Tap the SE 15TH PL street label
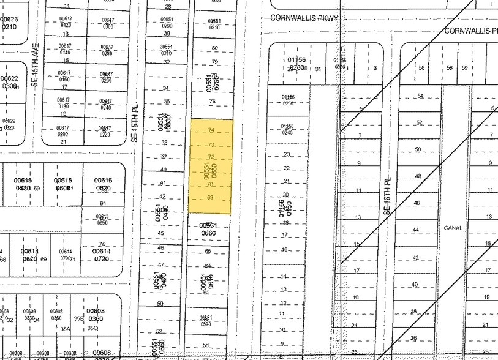[x=136, y=121]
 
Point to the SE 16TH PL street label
[x=387, y=191]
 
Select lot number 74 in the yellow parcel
[x=211, y=130]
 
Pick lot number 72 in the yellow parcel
[x=211, y=157]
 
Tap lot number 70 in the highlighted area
[x=209, y=184]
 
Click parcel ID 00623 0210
[x=9, y=23]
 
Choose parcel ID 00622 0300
[x=9, y=82]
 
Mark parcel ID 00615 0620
[x=103, y=184]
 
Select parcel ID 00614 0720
[x=102, y=255]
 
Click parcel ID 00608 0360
[x=96, y=315]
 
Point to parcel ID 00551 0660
[x=209, y=229]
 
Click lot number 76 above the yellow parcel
[x=213, y=102]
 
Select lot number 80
[x=214, y=48]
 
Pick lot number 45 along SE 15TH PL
[x=161, y=233]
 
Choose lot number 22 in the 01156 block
[x=286, y=168]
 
